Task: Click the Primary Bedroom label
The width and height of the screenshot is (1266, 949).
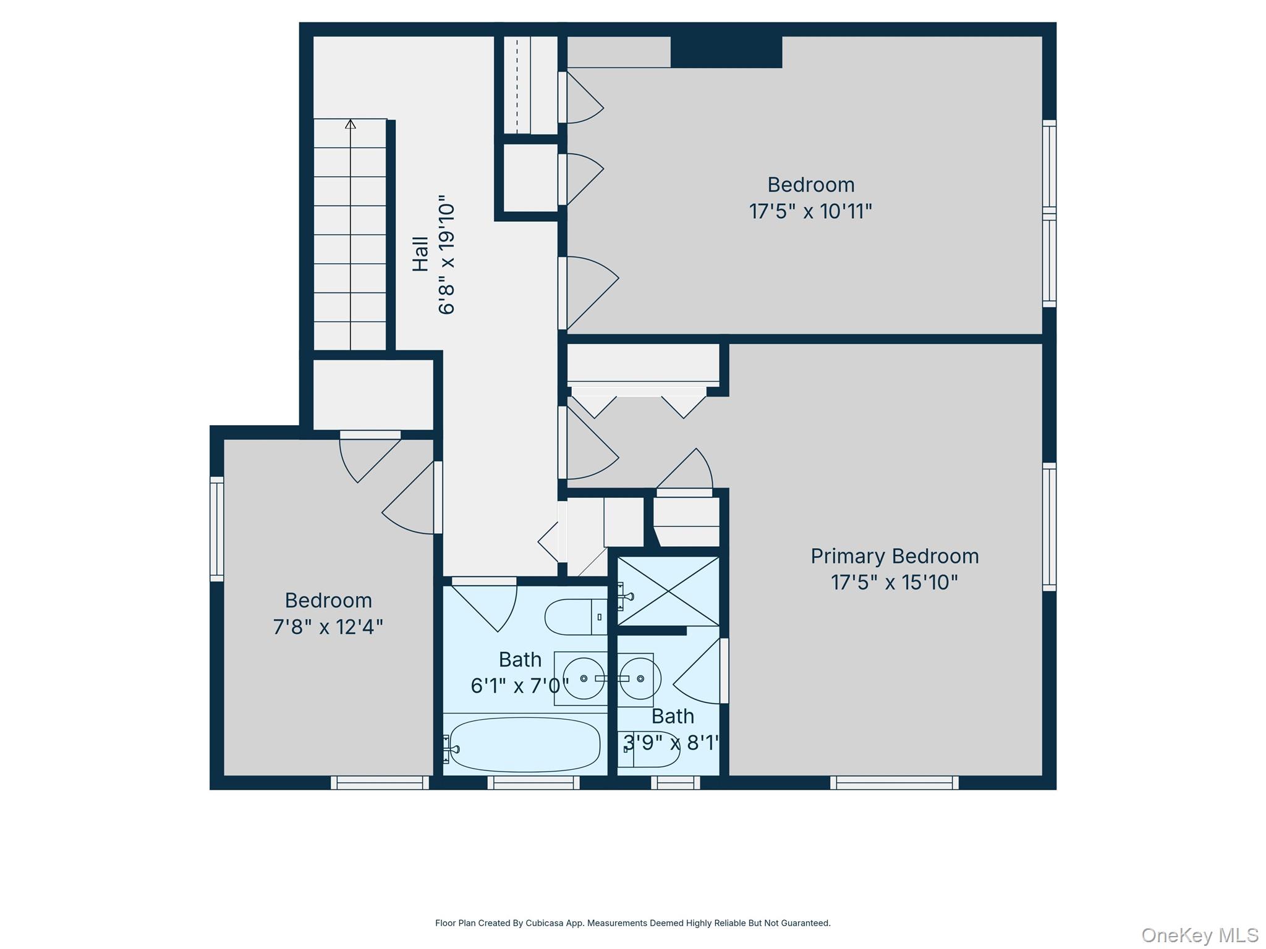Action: (x=894, y=556)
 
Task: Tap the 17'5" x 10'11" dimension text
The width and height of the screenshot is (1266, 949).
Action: (x=810, y=211)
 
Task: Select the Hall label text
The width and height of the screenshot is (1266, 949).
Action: (x=420, y=254)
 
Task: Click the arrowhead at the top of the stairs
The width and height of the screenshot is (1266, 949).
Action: (x=350, y=124)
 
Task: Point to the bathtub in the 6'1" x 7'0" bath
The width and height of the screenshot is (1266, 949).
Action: (x=524, y=744)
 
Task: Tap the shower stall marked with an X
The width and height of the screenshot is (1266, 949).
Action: (x=669, y=591)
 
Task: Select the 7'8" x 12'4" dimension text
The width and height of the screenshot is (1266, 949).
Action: (x=328, y=627)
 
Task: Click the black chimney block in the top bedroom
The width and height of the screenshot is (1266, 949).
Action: (x=726, y=52)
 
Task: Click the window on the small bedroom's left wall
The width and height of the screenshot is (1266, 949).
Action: (x=216, y=528)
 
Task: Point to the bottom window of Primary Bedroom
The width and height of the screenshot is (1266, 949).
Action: (x=894, y=783)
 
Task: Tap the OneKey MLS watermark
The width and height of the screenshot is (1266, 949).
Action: (x=1199, y=935)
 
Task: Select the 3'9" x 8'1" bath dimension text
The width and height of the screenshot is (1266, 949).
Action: (x=671, y=742)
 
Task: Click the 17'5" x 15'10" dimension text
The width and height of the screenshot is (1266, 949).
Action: (x=894, y=583)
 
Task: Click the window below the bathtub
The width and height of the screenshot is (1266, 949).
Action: (x=533, y=783)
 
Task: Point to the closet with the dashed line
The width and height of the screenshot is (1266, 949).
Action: (x=529, y=85)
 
